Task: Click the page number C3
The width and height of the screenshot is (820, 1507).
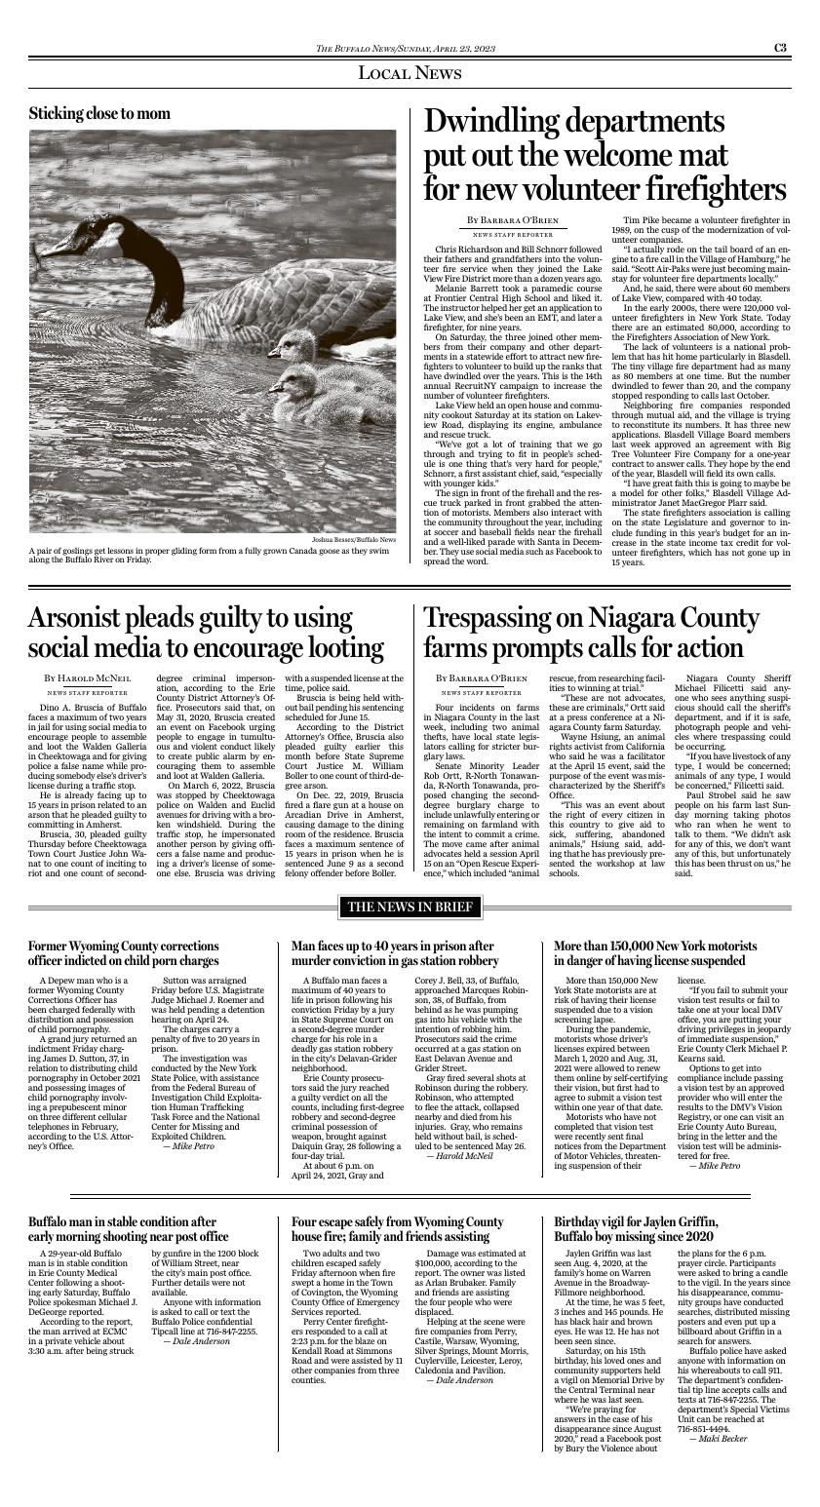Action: tap(781, 48)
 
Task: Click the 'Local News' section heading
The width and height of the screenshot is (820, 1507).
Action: tap(410, 73)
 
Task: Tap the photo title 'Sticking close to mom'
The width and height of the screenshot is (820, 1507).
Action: tap(99, 114)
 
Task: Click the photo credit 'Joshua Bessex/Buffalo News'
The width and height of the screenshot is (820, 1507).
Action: tap(354, 539)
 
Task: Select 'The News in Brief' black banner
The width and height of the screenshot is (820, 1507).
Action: tap(410, 908)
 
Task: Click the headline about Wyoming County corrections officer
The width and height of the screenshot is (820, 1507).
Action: tap(124, 953)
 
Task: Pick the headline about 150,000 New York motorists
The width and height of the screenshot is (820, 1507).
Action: tap(655, 953)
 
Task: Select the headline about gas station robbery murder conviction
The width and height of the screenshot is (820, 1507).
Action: tap(393, 953)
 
